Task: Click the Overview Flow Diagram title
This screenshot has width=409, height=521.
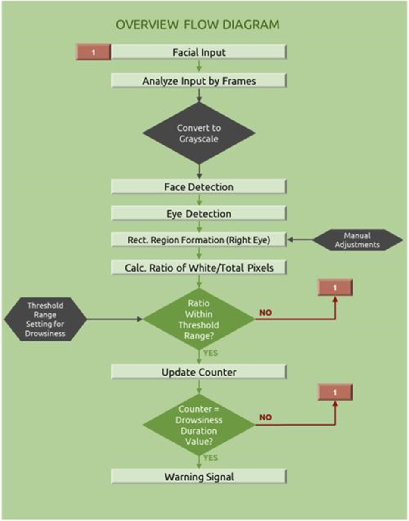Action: point(198,25)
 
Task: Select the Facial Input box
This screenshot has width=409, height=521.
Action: point(199,53)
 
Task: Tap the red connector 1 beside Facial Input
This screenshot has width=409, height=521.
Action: point(94,53)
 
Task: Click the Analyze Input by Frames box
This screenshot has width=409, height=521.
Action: point(199,80)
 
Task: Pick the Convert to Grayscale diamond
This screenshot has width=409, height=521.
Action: point(199,133)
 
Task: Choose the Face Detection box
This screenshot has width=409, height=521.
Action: point(199,187)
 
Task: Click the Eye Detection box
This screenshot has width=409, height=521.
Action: point(199,214)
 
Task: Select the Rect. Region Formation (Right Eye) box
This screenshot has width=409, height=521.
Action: point(199,240)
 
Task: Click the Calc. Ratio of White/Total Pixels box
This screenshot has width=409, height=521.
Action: point(199,268)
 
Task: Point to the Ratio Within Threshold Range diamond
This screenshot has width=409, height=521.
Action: point(199,319)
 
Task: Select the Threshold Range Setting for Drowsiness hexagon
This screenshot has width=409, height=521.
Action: point(45,319)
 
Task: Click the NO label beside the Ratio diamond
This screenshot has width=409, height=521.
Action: point(265,313)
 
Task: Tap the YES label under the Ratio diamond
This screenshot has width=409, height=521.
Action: point(210,353)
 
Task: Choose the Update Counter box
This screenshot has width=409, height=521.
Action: point(199,372)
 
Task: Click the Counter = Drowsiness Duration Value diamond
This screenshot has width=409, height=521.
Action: point(199,425)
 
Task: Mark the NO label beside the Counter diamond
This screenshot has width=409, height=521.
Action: point(265,417)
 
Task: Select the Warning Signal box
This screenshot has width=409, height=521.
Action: point(199,477)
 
